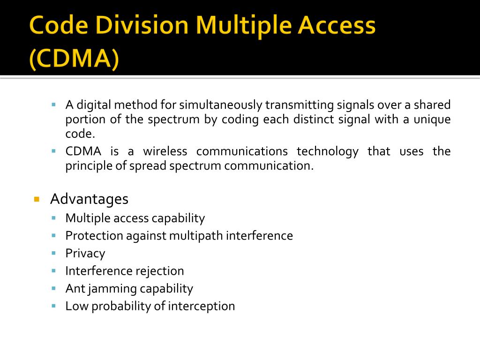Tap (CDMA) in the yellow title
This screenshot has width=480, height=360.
[x=74, y=60]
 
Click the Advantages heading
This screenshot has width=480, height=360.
[x=89, y=199]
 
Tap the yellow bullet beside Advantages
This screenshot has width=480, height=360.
[x=36, y=199]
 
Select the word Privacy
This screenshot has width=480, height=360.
[x=85, y=254]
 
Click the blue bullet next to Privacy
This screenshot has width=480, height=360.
[x=54, y=253]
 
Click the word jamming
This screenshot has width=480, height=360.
[x=111, y=289]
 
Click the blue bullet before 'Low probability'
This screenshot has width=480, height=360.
[x=54, y=306]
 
